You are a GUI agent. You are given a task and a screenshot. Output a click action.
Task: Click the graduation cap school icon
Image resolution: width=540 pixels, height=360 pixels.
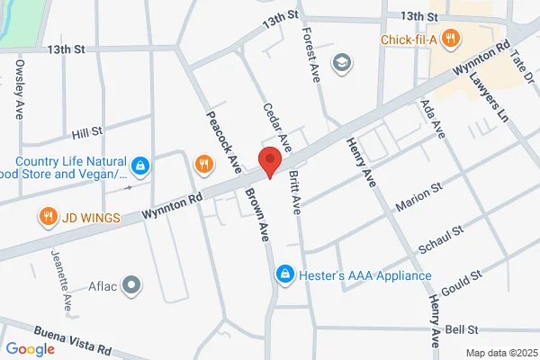(x=341, y=62)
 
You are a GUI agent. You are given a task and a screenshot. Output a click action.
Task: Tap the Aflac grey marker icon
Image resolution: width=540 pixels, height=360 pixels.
(x=132, y=286)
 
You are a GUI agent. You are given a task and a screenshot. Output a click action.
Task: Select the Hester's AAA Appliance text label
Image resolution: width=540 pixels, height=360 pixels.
(x=364, y=274)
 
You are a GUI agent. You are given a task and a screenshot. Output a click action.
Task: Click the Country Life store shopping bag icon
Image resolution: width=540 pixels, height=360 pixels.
(x=140, y=166)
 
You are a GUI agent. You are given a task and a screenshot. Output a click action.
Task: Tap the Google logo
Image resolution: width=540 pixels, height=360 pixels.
(x=30, y=349)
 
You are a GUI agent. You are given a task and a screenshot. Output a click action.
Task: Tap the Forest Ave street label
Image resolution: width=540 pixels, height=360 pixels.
(x=310, y=58)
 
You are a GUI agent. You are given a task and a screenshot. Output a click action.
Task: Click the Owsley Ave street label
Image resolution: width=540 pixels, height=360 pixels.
(x=20, y=90)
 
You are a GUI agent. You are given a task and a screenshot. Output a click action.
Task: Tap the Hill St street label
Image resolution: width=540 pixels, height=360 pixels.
(x=87, y=133)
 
